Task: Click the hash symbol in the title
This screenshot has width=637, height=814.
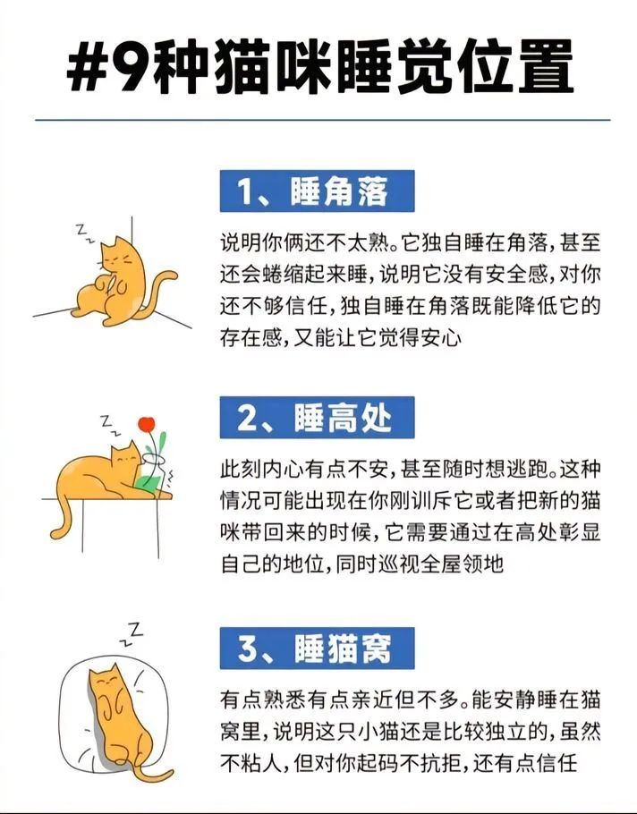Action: point(86,66)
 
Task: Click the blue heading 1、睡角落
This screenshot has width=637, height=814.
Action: point(317,191)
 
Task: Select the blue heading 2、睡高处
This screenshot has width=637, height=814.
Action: point(317,418)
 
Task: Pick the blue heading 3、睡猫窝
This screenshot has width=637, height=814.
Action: point(317,648)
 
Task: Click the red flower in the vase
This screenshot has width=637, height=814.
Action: point(147,424)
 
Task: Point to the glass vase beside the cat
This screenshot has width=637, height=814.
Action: point(155,474)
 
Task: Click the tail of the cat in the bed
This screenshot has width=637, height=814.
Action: point(150,775)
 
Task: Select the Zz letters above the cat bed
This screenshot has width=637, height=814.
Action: point(131,633)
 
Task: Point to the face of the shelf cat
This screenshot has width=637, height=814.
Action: point(126,457)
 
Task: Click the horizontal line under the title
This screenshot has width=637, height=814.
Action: point(323,120)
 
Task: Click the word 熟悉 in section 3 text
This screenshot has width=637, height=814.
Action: point(284,700)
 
